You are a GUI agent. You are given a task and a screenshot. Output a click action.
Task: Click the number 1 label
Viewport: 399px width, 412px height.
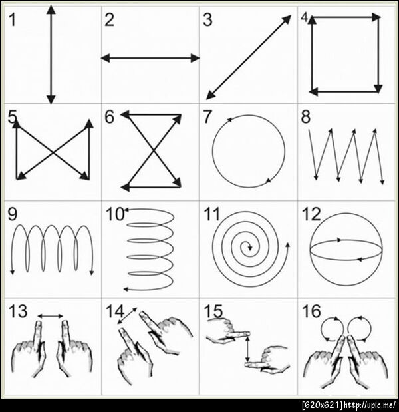[x=12, y=20]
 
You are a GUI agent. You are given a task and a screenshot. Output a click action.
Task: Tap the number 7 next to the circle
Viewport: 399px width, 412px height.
[x=207, y=117]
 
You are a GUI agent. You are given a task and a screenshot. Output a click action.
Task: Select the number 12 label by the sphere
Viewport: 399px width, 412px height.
[x=311, y=214]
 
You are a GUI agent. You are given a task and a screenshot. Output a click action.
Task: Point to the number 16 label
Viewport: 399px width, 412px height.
[x=311, y=311]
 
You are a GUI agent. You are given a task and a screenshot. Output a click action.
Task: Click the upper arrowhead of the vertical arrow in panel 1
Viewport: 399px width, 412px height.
[x=51, y=9]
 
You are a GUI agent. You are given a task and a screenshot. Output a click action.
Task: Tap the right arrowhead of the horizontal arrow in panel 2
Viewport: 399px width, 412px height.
[x=195, y=58]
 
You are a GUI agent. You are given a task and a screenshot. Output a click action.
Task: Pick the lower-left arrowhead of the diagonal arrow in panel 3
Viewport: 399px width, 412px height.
[x=211, y=95]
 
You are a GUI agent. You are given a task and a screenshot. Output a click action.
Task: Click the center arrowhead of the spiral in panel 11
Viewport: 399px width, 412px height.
[x=249, y=248]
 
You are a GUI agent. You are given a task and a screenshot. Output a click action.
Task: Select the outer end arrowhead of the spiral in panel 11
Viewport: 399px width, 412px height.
[x=288, y=245]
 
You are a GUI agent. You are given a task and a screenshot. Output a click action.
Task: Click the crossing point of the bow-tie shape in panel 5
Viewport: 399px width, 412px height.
[x=54, y=152]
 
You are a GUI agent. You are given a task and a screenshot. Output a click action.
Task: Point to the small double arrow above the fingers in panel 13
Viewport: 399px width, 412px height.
[x=50, y=316]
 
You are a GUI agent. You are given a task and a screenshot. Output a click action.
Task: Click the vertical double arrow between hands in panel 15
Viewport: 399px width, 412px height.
[x=247, y=349]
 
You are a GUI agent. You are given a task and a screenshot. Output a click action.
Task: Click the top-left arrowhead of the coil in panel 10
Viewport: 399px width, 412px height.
[x=126, y=210]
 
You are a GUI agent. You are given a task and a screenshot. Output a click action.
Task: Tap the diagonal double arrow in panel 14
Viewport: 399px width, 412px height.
[x=127, y=315]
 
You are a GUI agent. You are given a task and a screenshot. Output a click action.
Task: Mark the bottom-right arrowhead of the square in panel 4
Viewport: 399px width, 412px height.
[x=378, y=89]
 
